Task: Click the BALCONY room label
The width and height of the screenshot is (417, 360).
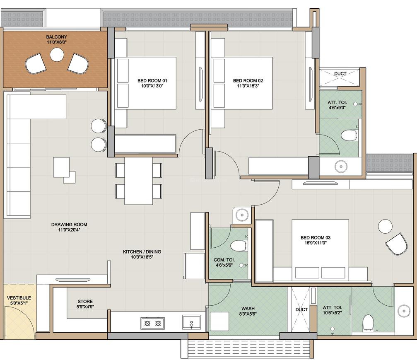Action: (x=56, y=37)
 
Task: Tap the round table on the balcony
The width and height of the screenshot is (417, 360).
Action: (x=56, y=54)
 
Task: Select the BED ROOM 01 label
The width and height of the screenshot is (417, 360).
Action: (x=152, y=80)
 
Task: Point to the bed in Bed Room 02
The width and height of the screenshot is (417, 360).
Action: (x=242, y=83)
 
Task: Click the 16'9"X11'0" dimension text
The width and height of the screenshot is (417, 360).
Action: (x=316, y=244)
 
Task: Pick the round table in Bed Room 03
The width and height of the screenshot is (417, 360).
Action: (x=385, y=226)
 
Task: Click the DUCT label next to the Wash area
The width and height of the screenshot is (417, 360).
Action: (x=301, y=309)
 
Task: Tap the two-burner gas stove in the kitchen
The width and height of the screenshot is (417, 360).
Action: (x=152, y=323)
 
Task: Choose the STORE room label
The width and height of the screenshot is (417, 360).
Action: (x=85, y=302)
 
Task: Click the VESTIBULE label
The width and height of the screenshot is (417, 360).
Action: (x=19, y=298)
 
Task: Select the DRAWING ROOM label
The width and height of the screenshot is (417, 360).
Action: (x=69, y=225)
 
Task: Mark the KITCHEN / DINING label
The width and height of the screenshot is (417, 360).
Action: (x=142, y=251)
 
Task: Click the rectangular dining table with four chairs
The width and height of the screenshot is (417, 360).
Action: (x=139, y=181)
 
